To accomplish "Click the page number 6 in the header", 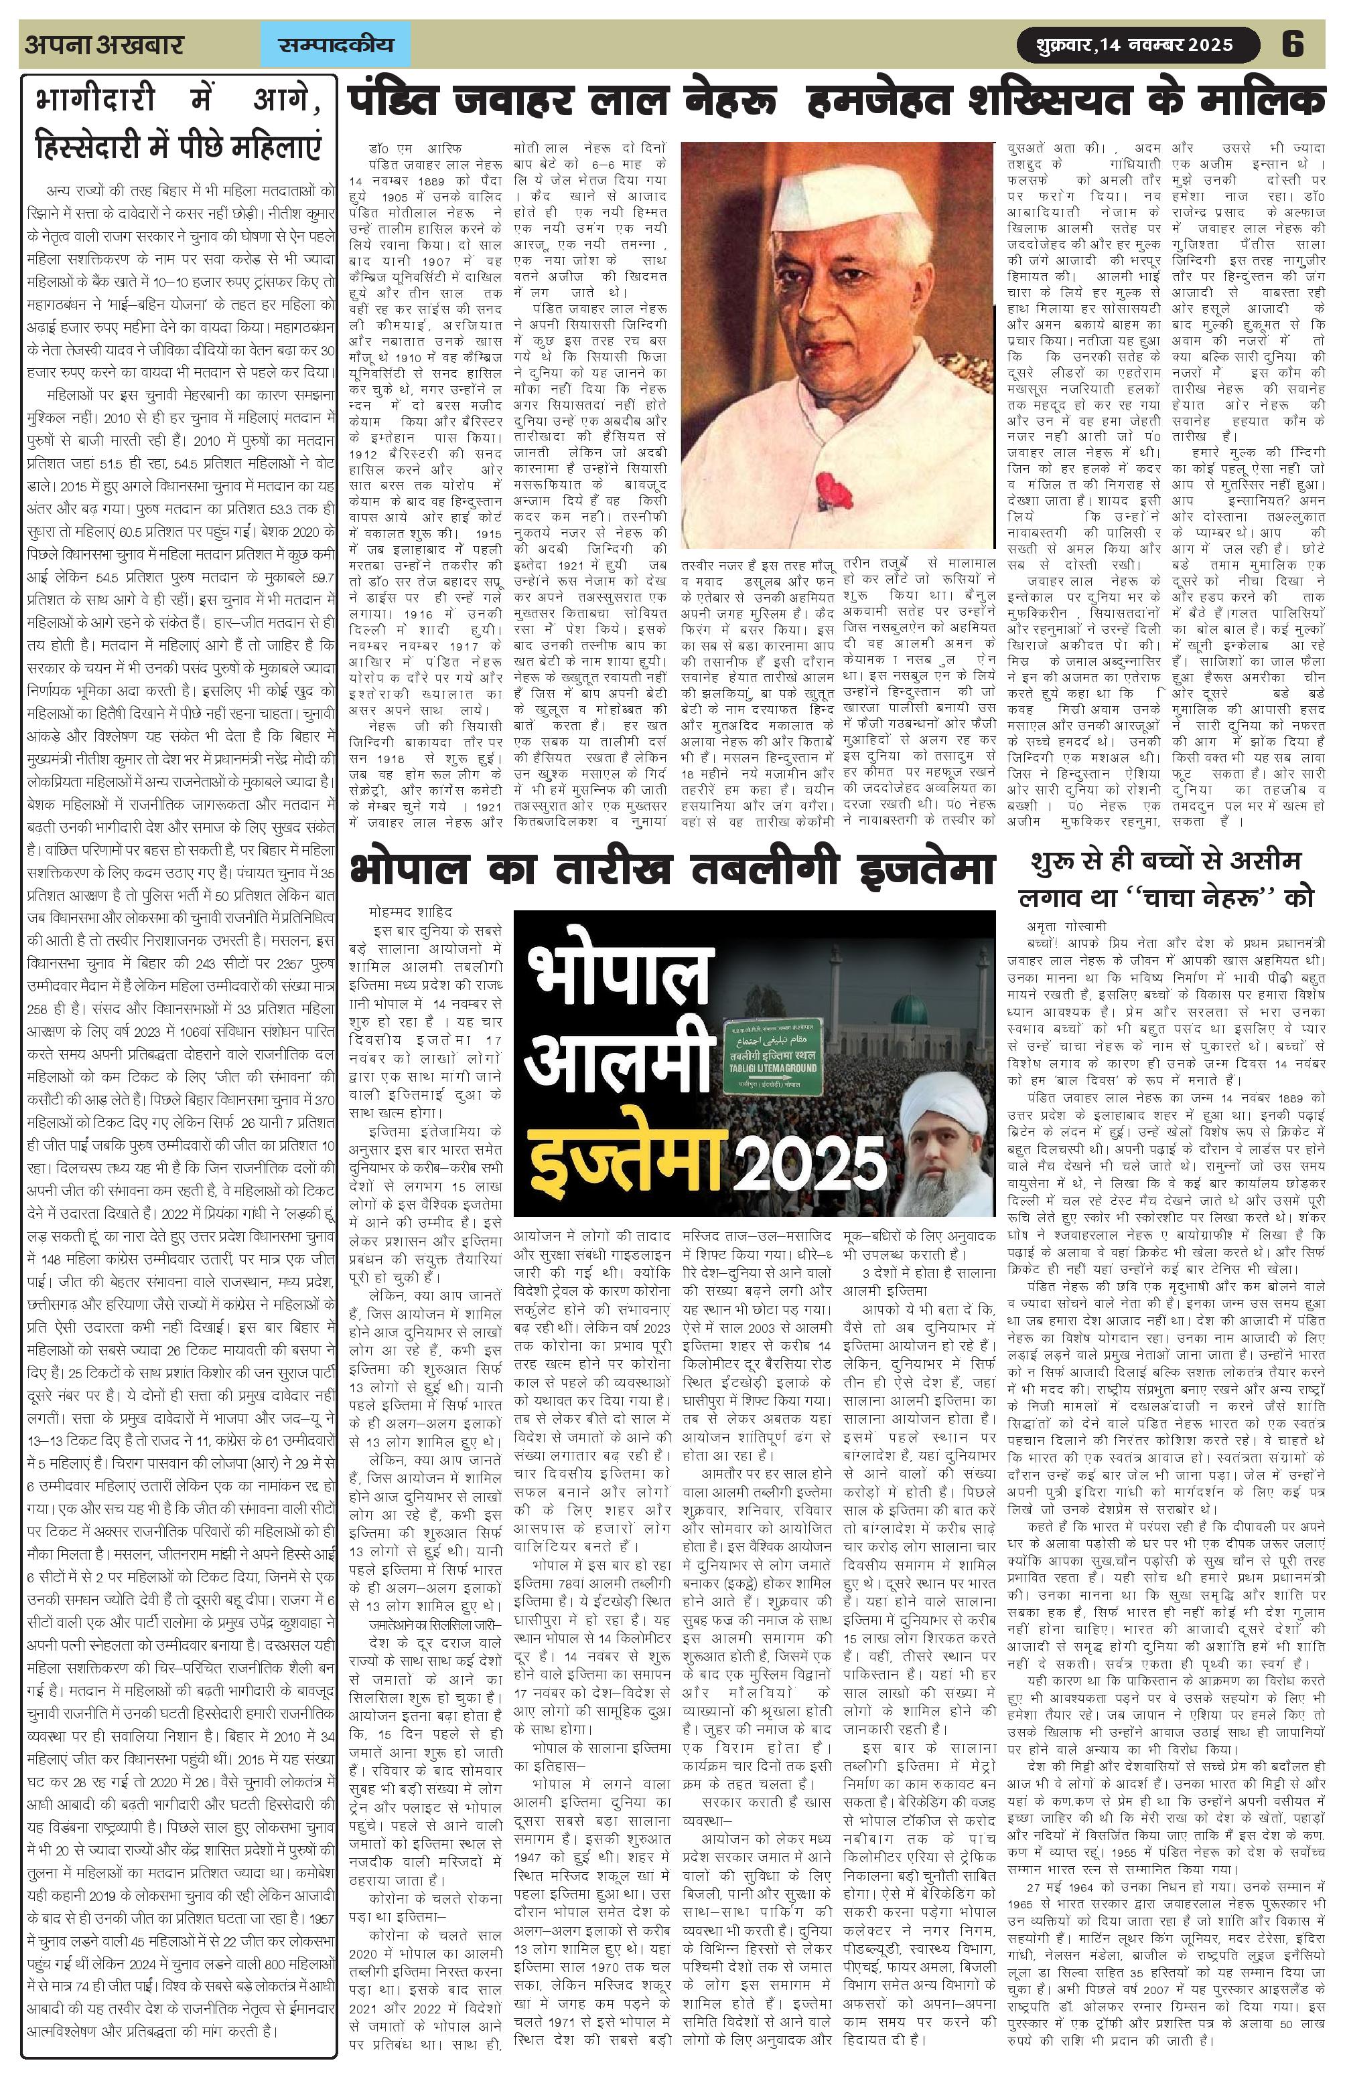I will click(1292, 44).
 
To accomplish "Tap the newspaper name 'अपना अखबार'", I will click(104, 44).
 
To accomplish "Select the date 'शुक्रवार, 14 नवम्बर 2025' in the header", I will click(1134, 44).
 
